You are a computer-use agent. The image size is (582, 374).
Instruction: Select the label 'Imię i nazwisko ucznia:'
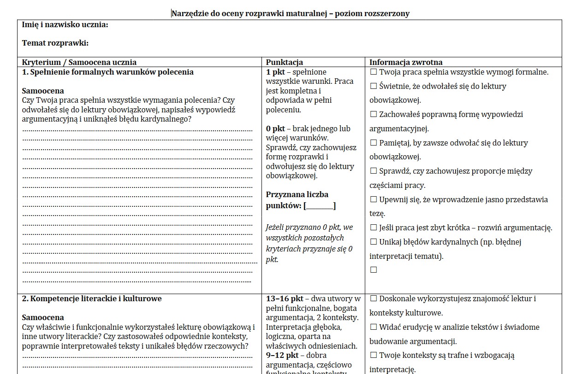coord(65,24)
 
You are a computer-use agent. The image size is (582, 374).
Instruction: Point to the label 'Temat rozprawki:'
coord(55,43)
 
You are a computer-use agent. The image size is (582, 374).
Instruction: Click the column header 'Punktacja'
coord(284,62)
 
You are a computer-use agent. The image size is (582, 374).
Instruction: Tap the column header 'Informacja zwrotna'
coord(406,62)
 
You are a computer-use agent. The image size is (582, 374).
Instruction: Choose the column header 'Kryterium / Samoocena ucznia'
coord(79,62)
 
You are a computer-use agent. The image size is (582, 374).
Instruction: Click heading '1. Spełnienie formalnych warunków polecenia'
coord(108,72)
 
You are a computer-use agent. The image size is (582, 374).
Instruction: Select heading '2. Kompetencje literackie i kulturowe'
coord(92,298)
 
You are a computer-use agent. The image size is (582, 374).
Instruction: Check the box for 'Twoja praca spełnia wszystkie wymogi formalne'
coord(374,72)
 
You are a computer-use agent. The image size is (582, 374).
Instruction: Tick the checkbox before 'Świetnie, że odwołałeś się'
coord(374,86)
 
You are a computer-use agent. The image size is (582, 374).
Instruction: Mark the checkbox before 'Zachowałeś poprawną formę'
coord(374,114)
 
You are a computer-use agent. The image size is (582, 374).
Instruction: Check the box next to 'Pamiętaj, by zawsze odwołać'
coord(374,143)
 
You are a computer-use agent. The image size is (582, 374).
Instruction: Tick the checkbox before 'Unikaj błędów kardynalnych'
coord(374,242)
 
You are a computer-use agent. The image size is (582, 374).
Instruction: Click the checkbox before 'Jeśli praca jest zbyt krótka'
coord(374,228)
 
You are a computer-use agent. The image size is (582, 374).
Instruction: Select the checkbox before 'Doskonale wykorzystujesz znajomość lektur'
coord(374,298)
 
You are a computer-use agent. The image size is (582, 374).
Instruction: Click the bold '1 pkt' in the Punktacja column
coord(275,72)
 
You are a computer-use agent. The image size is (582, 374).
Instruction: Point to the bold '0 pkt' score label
coord(275,129)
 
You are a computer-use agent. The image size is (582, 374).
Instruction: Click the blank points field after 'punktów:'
coord(320,206)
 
